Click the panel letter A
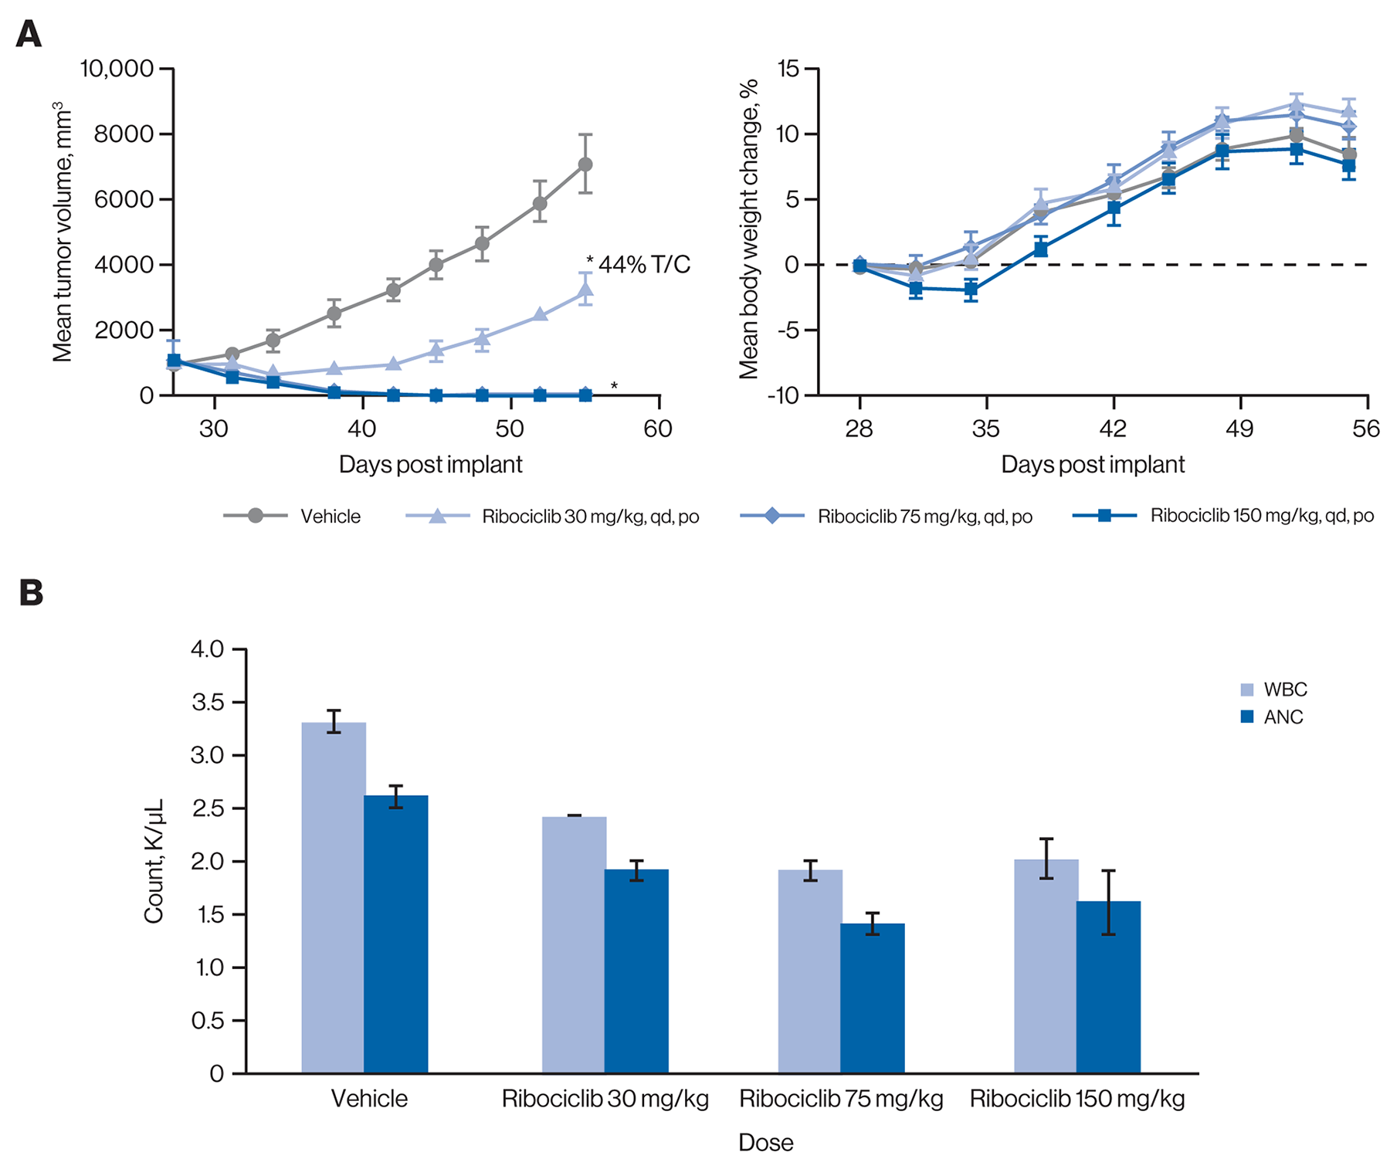[29, 35]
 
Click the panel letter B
[31, 592]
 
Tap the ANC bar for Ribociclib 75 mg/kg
[872, 998]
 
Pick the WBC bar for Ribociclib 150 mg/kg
[1046, 966]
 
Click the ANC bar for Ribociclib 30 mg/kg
[636, 971]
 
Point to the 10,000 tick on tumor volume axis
[117, 69]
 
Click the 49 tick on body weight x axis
[1239, 429]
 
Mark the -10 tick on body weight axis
[785, 395]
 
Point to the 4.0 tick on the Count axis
[207, 649]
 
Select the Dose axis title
[765, 1142]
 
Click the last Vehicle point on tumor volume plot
[585, 164]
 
